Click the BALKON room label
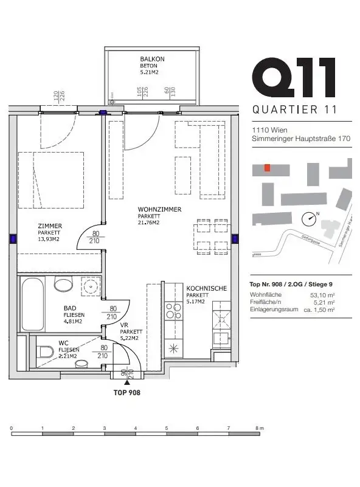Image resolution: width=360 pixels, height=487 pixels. [x=152, y=60]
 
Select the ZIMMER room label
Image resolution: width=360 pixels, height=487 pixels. [x=50, y=226]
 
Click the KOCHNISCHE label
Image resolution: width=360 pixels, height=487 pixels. [x=207, y=289]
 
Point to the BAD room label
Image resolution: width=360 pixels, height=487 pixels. [x=70, y=308]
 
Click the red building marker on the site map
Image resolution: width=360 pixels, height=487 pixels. [x=266, y=167]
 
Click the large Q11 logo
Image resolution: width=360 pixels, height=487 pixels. [x=294, y=78]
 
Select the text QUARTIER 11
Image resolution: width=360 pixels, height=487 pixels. [x=294, y=110]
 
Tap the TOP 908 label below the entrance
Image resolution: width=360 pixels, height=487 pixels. [x=127, y=393]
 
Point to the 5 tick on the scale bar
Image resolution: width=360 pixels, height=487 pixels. [x=167, y=429]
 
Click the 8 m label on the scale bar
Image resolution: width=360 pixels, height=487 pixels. [x=261, y=429]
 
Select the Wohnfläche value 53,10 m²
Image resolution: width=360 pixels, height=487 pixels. [x=322, y=295]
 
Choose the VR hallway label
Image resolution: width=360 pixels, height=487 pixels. [x=124, y=325]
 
